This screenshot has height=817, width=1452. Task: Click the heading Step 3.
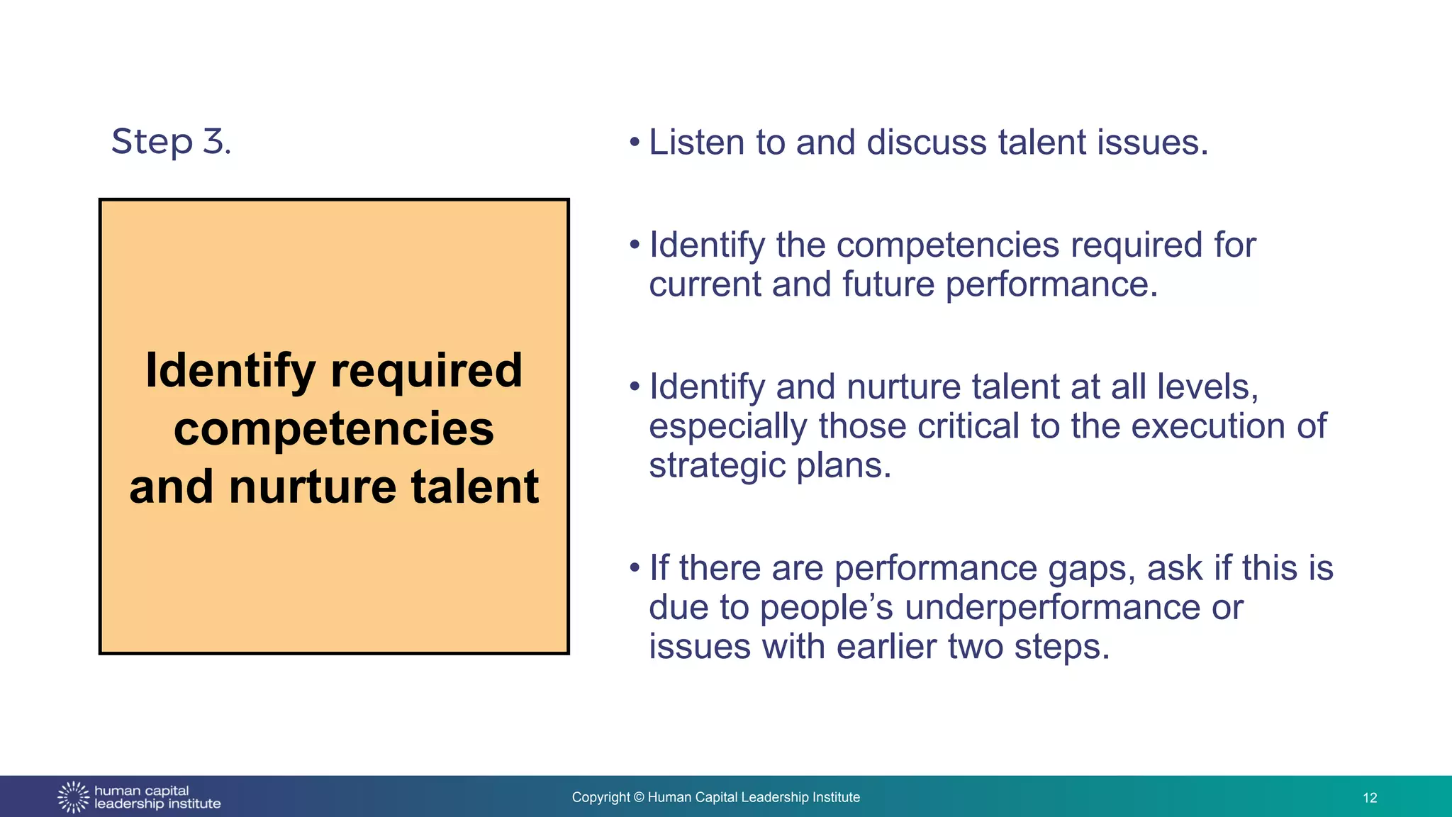pyautogui.click(x=171, y=141)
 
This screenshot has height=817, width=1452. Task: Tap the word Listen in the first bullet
pyautogui.click(x=696, y=143)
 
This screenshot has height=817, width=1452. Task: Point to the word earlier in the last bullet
pyautogui.click(x=886, y=647)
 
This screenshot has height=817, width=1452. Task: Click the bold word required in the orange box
pyautogui.click(x=426, y=371)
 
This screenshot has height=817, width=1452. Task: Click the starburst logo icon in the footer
pyautogui.click(x=73, y=797)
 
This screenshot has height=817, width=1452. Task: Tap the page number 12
pyautogui.click(x=1369, y=798)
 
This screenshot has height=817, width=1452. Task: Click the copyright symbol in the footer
pyautogui.click(x=638, y=798)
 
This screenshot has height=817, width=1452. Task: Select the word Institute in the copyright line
pyautogui.click(x=837, y=798)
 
